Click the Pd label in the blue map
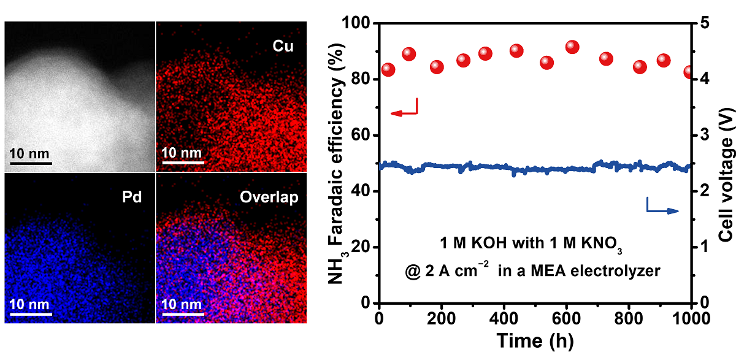(x=129, y=197)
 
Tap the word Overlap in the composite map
(x=275, y=197)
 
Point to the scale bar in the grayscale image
(x=29, y=164)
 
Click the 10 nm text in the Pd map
(x=29, y=304)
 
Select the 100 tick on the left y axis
(x=361, y=23)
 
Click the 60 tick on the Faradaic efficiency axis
(x=364, y=136)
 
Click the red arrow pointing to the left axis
(x=404, y=112)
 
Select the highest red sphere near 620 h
(x=572, y=47)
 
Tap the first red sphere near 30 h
(x=388, y=69)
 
